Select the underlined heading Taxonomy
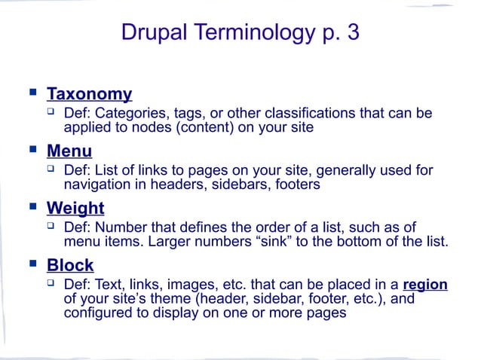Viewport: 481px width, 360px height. (89, 94)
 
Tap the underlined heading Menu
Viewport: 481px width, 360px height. (69, 151)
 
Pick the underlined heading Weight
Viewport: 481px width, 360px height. (75, 207)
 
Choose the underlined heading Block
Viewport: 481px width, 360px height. (70, 264)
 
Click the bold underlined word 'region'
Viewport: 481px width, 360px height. (425, 285)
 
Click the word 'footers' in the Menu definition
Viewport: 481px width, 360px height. (296, 184)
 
